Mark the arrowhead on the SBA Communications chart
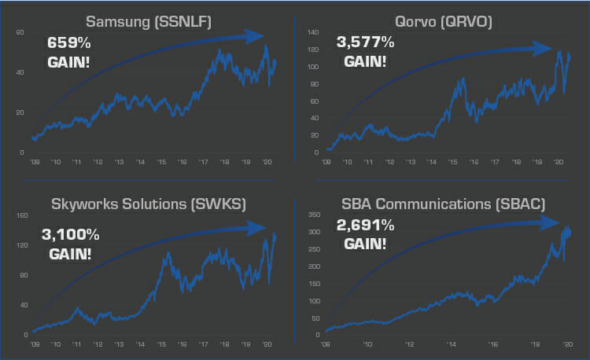point(551,223)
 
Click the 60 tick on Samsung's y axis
point(21,32)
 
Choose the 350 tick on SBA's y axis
point(312,215)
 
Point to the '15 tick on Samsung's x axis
point(161,162)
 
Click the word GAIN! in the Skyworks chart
point(71,254)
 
